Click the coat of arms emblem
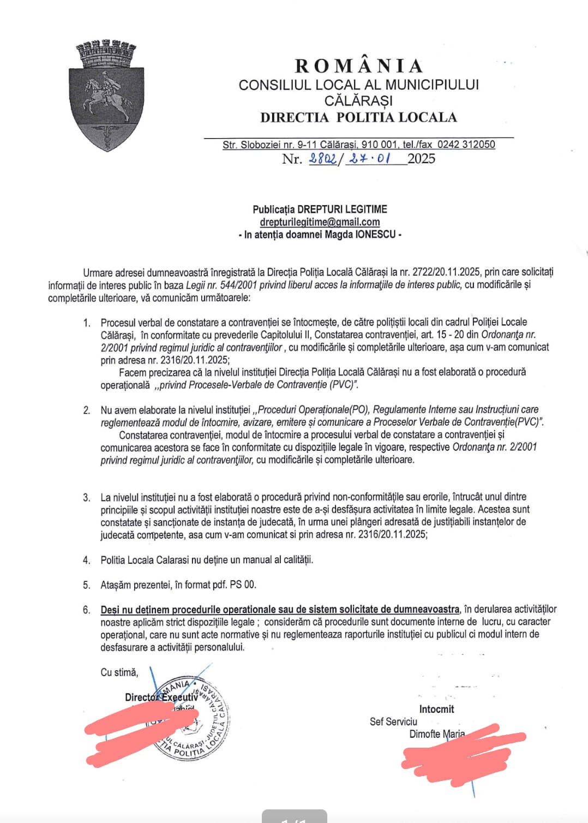[x=106, y=96]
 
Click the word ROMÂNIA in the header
[x=359, y=66]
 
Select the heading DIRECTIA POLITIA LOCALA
[x=358, y=117]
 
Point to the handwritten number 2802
[x=322, y=159]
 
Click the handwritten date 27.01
[x=370, y=159]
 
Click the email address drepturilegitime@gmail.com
[x=320, y=222]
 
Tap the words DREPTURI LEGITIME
[x=343, y=210]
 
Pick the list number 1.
[x=86, y=323]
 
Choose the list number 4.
[x=86, y=560]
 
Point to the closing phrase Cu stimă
[x=119, y=672]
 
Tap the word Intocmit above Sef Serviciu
[x=436, y=709]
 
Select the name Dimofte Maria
[x=437, y=734]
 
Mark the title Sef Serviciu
[x=393, y=721]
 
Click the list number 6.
[x=86, y=610]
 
